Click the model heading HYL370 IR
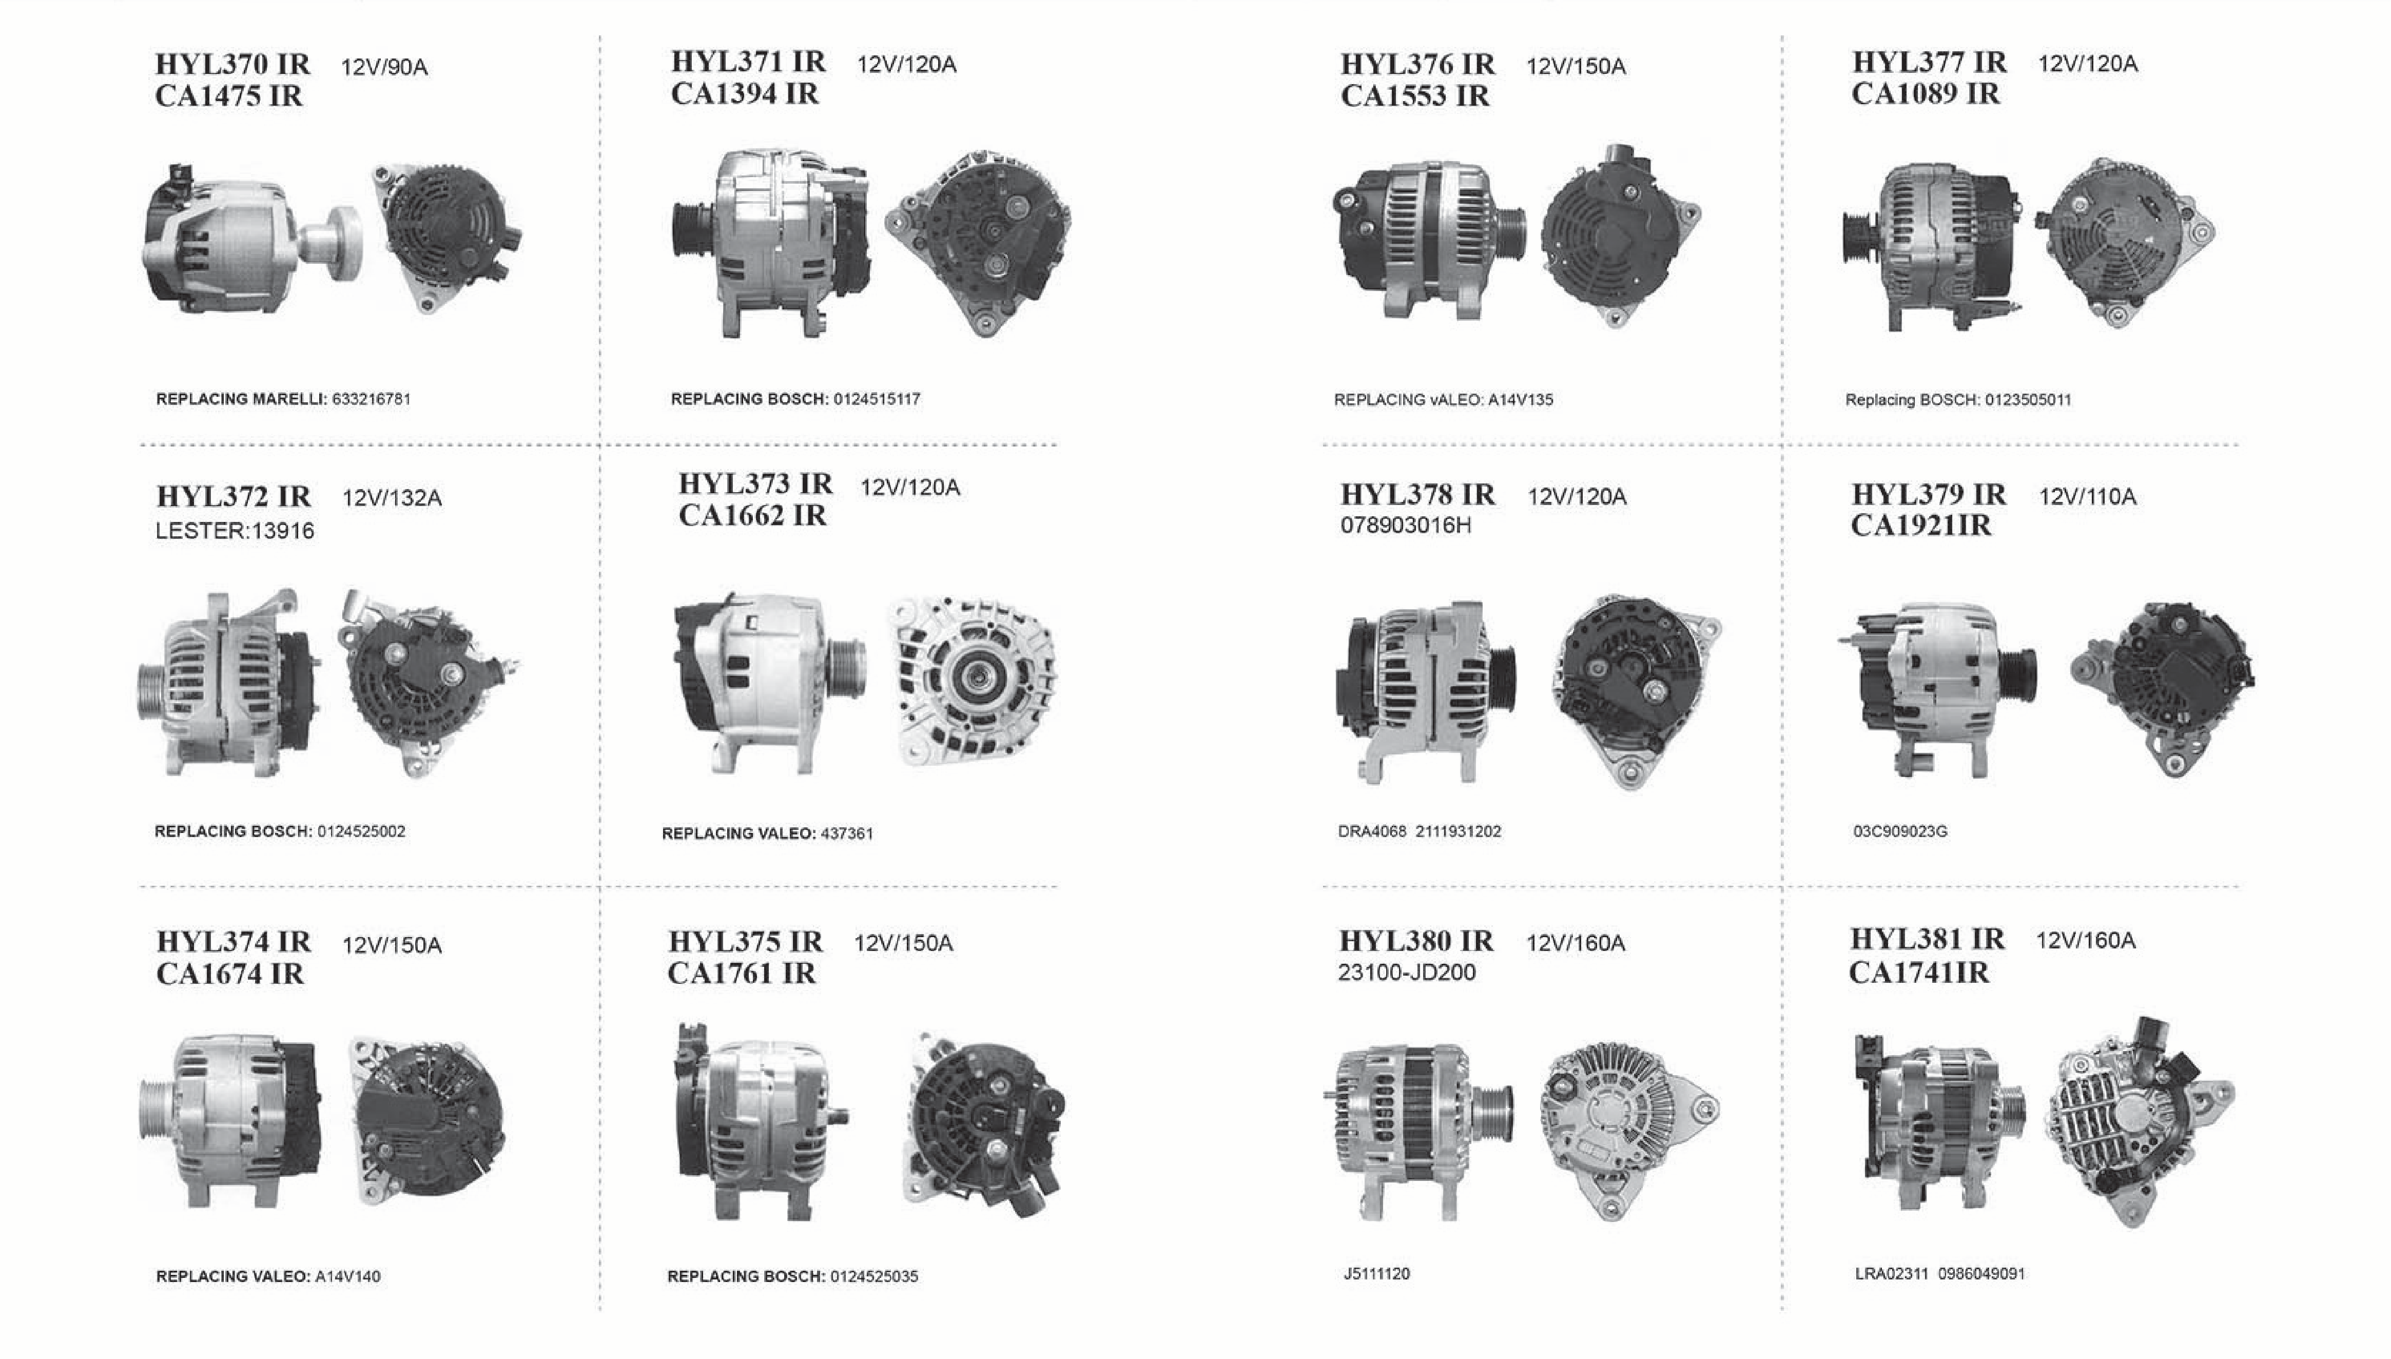tap(232, 64)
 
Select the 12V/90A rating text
tap(384, 67)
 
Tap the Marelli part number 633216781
tap(372, 399)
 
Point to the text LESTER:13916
tap(234, 531)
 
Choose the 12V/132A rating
tap(392, 498)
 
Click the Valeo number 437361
tap(846, 833)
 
